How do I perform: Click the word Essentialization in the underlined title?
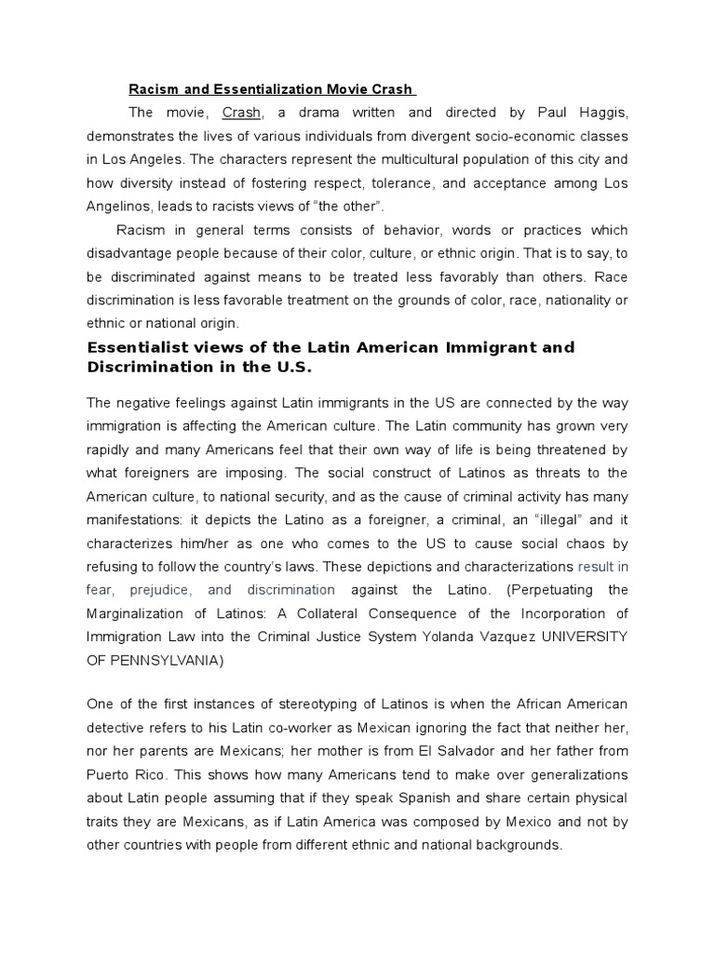coord(243,89)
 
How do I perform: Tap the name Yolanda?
coord(418,637)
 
